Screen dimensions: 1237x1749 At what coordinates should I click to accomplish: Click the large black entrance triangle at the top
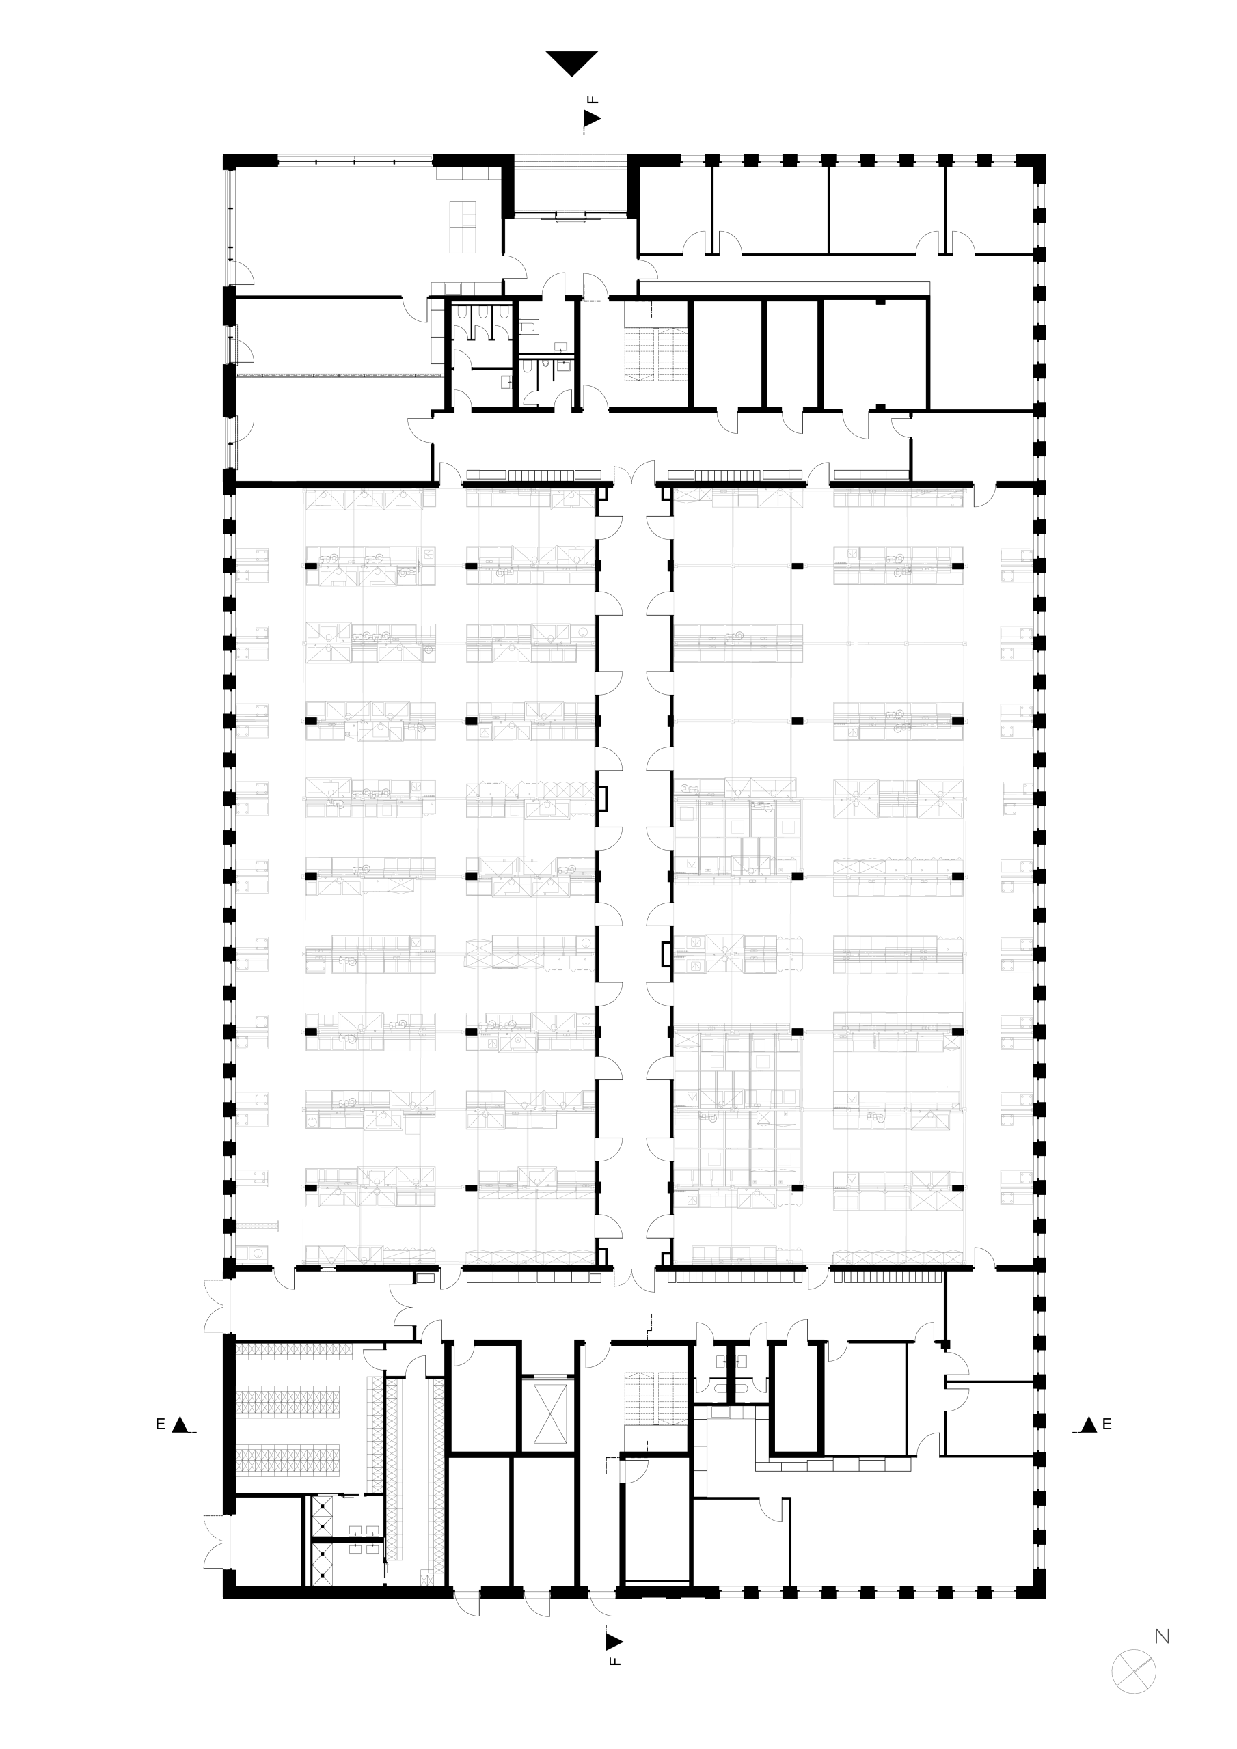point(571,61)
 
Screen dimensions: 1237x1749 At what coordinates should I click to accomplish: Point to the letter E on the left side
point(160,1424)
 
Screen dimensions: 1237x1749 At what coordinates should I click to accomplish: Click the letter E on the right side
point(1106,1424)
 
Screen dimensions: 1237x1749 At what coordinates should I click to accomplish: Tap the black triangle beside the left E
point(180,1424)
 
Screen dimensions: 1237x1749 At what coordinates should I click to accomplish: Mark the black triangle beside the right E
point(1089,1424)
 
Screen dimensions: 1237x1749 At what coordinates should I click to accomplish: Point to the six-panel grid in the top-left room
point(463,226)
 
